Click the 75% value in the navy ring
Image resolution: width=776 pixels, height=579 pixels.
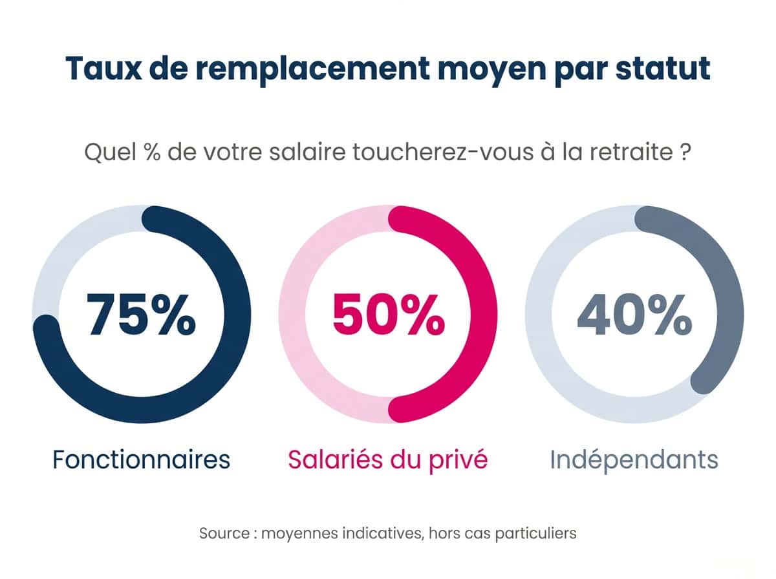(142, 315)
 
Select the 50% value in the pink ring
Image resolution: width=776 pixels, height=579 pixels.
(388, 315)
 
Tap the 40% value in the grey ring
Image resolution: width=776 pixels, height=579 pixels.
(634, 315)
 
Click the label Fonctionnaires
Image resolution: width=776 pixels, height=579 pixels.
(141, 459)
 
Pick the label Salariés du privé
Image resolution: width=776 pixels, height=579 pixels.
(387, 459)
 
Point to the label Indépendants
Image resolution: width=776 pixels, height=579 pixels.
(634, 459)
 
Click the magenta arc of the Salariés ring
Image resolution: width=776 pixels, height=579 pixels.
(484, 315)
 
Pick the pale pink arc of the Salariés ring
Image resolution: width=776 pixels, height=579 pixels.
(292, 315)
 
